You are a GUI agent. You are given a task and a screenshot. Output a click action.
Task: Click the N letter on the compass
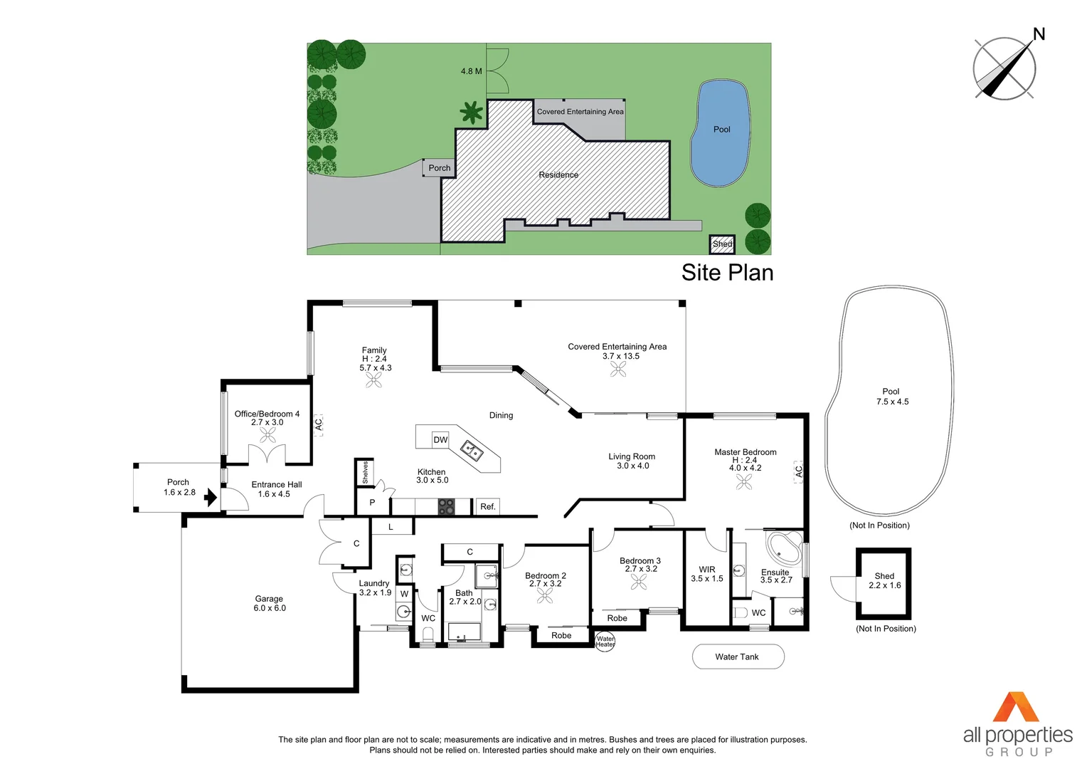[x=1039, y=33]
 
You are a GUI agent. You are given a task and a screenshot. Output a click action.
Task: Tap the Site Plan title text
[x=727, y=273]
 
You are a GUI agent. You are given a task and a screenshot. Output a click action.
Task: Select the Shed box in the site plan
[x=722, y=244]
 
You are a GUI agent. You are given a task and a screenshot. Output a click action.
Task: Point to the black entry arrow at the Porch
[x=211, y=497]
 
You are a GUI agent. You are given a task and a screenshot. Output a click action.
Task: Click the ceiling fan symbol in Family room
[x=373, y=381]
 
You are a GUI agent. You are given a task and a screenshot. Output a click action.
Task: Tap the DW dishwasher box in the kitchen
[x=440, y=440]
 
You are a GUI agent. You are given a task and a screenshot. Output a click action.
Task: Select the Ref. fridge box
[x=487, y=506]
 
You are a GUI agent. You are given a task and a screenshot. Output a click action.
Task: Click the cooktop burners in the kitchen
[x=446, y=506]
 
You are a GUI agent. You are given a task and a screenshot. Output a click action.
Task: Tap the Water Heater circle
[x=605, y=641]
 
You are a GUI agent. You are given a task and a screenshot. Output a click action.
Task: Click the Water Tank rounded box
[x=738, y=656]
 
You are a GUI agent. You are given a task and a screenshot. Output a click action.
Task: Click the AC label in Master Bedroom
[x=798, y=471]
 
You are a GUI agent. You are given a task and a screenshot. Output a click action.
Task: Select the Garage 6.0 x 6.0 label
[x=270, y=604]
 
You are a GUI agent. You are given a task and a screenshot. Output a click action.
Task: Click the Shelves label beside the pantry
[x=365, y=472]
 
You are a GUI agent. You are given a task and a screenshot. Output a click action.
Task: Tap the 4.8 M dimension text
[x=471, y=71]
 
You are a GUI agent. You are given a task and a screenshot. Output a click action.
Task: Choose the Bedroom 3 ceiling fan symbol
[x=639, y=582]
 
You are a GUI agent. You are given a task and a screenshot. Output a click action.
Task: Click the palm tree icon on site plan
[x=471, y=113]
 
